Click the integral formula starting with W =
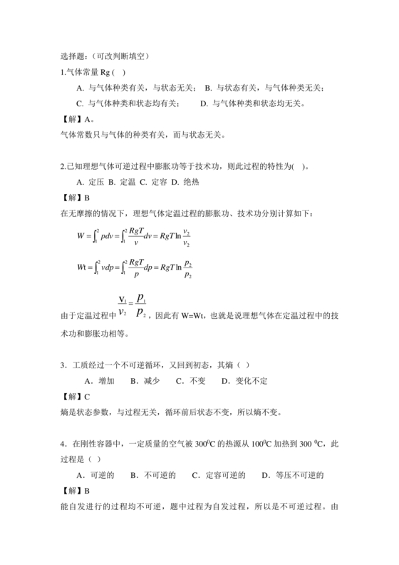pos(135,235)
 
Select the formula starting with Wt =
pos(135,268)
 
